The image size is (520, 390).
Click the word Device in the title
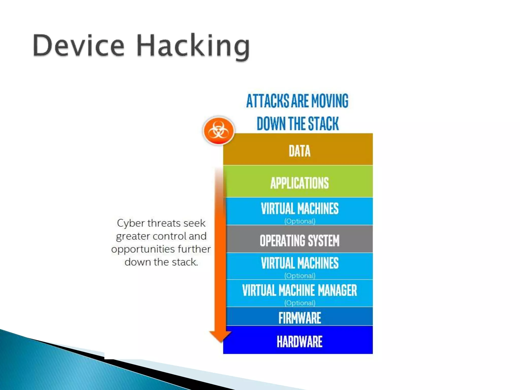[79, 46]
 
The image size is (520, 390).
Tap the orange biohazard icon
[218, 131]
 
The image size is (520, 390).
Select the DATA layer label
[300, 151]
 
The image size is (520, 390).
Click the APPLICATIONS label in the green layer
[300, 183]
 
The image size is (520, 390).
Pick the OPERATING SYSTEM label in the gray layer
[300, 240]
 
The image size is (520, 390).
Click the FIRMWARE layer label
[300, 318]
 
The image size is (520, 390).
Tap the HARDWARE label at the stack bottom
[300, 342]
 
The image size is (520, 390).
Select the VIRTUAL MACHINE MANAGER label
[300, 290]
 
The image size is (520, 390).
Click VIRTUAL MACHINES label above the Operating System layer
[300, 208]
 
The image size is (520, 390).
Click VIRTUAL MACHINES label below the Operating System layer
[300, 263]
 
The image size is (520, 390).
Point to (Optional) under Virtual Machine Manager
[300, 303]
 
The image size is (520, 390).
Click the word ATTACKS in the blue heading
[268, 101]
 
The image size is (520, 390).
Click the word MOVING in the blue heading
[330, 101]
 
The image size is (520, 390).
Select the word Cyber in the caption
[131, 223]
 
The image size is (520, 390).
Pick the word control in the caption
[169, 236]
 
